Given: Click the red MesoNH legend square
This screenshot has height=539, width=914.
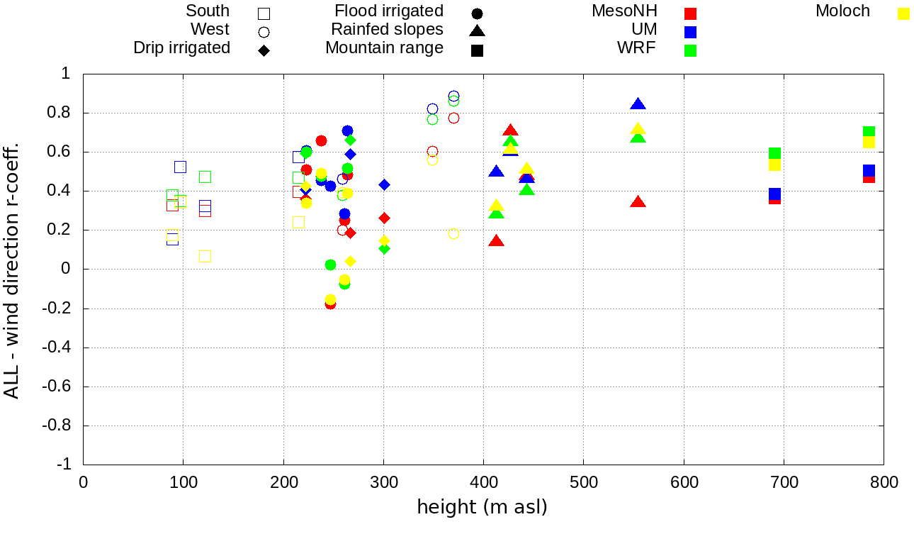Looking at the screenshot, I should pyautogui.click(x=691, y=13).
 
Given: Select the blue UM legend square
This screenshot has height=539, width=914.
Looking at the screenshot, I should pyautogui.click(x=691, y=32).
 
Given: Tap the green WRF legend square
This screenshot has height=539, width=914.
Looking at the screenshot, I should pyautogui.click(x=691, y=50).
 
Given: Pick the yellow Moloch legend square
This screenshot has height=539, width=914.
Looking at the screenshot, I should pyautogui.click(x=903, y=13).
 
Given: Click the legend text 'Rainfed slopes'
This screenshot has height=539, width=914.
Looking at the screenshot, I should pyautogui.click(x=387, y=30).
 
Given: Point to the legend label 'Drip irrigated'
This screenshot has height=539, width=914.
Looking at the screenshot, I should pyautogui.click(x=182, y=48).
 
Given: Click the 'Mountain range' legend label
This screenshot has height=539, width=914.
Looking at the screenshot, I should pyautogui.click(x=384, y=48).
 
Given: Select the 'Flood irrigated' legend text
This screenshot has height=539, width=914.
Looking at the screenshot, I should pyautogui.click(x=389, y=11).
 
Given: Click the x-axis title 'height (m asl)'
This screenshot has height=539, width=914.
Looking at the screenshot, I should pyautogui.click(x=482, y=508).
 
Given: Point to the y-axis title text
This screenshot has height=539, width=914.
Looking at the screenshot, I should pyautogui.click(x=12, y=269).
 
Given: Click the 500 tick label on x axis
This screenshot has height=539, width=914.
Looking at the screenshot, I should pyautogui.click(x=584, y=483).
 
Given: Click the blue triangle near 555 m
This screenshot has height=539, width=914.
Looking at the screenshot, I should pyautogui.click(x=638, y=104).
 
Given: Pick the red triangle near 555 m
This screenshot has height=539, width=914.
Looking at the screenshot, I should pyautogui.click(x=638, y=202).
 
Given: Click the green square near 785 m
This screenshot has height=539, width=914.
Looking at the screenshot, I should pyautogui.click(x=869, y=133).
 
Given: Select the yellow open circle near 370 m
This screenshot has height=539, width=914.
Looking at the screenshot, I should pyautogui.click(x=453, y=234).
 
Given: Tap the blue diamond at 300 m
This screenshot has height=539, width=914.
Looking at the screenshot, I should pyautogui.click(x=384, y=184).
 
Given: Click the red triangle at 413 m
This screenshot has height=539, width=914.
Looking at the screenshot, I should pyautogui.click(x=496, y=241).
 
